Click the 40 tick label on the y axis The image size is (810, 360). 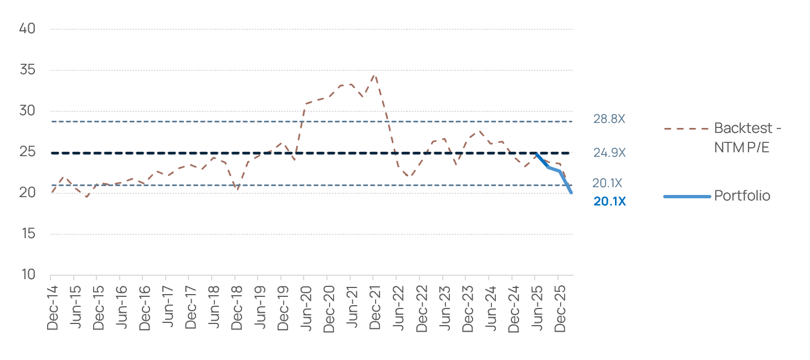pyautogui.click(x=27, y=29)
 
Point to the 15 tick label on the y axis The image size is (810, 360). pyautogui.click(x=28, y=234)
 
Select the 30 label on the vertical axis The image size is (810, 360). pyautogui.click(x=27, y=111)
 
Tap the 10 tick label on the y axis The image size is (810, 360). pyautogui.click(x=28, y=274)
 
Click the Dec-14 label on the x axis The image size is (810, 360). pyautogui.click(x=53, y=308)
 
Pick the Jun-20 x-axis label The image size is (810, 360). pyautogui.click(x=306, y=308)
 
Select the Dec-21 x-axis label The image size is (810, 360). pyautogui.click(x=375, y=308)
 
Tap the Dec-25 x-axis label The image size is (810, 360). pyautogui.click(x=560, y=308)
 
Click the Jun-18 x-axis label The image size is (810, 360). pyautogui.click(x=214, y=307)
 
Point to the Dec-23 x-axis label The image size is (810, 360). pyautogui.click(x=467, y=308)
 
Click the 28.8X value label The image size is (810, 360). pyautogui.click(x=609, y=119)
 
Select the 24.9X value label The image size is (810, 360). pyautogui.click(x=609, y=152)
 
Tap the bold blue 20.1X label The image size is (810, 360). pyautogui.click(x=609, y=202)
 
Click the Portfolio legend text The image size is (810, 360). pyautogui.click(x=742, y=196)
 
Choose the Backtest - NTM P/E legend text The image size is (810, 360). pyautogui.click(x=748, y=138)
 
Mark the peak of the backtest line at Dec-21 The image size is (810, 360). pyautogui.click(x=375, y=75)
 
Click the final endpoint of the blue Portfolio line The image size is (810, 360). pyautogui.click(x=571, y=193)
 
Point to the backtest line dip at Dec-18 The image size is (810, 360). pyautogui.click(x=237, y=188)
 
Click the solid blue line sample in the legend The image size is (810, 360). pyautogui.click(x=687, y=197)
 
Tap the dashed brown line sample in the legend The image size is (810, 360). pyautogui.click(x=686, y=128)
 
